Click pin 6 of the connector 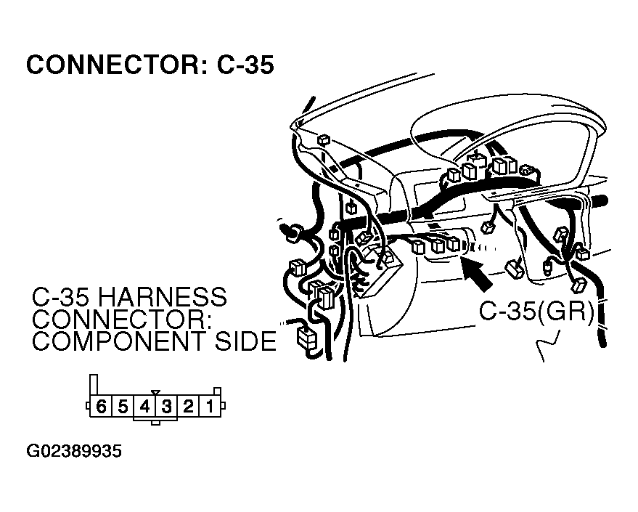tap(100, 407)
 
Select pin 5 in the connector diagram tap(123, 407)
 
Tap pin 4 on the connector tap(144, 407)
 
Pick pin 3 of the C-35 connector tap(166, 407)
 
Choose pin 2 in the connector tap(188, 407)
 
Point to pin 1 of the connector tap(210, 407)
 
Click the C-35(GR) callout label tap(536, 312)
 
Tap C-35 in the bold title tap(245, 65)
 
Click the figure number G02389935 tap(74, 452)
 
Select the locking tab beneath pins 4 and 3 tap(155, 420)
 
